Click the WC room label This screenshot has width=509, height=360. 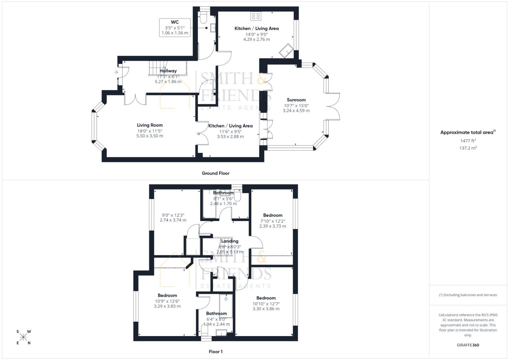(x=175, y=22)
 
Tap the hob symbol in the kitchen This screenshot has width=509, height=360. (x=256, y=16)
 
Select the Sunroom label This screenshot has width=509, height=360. (x=296, y=100)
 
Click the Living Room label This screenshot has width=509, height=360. (x=150, y=125)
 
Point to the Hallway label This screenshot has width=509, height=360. (x=168, y=71)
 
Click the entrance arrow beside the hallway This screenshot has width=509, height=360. (x=116, y=72)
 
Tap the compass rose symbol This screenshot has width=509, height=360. (x=23, y=337)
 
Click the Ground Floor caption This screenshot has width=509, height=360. (x=215, y=173)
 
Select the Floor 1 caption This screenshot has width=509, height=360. (x=215, y=351)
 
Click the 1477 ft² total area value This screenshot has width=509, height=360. (x=468, y=141)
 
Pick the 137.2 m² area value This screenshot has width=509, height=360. (x=468, y=148)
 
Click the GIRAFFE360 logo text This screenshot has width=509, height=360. (x=468, y=345)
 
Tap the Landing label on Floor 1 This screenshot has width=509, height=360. (x=230, y=241)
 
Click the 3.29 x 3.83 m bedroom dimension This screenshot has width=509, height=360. (x=167, y=306)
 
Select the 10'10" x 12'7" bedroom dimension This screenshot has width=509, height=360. (x=266, y=304)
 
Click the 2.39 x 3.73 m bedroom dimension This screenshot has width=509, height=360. (x=273, y=226)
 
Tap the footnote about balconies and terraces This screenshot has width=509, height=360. (x=468, y=295)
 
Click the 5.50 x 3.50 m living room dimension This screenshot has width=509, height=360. (x=150, y=136)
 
